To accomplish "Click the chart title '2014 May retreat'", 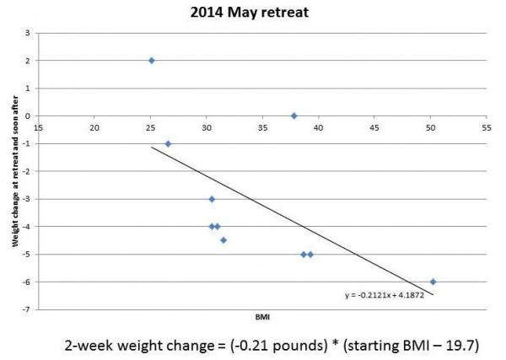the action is (249, 13).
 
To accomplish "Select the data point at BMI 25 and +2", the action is (152, 61).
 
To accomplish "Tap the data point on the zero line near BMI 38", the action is (294, 116).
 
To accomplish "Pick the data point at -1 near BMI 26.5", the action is (168, 144).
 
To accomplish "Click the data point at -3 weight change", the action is (212, 199).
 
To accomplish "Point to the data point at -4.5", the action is (223, 240).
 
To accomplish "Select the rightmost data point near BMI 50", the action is (433, 282).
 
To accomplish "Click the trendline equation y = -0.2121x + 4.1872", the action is (385, 295).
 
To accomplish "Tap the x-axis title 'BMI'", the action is (262, 317).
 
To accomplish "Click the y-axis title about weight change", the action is (15, 172).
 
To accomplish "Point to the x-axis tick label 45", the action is (374, 128).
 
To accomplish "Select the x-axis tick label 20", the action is (94, 128).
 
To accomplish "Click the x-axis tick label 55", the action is (487, 128).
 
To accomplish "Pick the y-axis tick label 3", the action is (27, 33).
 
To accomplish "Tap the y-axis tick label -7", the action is (26, 309).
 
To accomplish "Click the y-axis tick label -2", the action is (26, 171).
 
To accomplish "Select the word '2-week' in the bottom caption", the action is (89, 346).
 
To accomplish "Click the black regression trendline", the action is (293, 221).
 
